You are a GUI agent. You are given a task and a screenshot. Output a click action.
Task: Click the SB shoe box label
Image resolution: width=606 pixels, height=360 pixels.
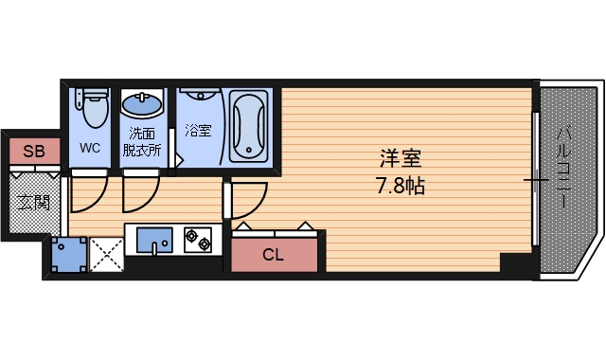pos(34,151)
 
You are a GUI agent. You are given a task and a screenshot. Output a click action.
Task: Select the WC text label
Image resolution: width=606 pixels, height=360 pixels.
pos(90,148)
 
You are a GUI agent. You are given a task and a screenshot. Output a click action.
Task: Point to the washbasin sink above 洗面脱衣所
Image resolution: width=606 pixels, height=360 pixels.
pos(143,102)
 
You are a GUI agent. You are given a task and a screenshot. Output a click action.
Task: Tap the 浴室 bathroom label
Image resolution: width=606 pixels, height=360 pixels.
pos(199,131)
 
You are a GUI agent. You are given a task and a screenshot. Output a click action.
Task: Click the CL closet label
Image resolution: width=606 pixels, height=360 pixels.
pos(273,254)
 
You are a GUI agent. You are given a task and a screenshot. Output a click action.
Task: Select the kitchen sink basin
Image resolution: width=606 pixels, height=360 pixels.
pos(151,243)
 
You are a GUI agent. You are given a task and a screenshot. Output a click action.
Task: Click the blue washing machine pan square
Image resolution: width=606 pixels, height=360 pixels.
pos(69,252)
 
